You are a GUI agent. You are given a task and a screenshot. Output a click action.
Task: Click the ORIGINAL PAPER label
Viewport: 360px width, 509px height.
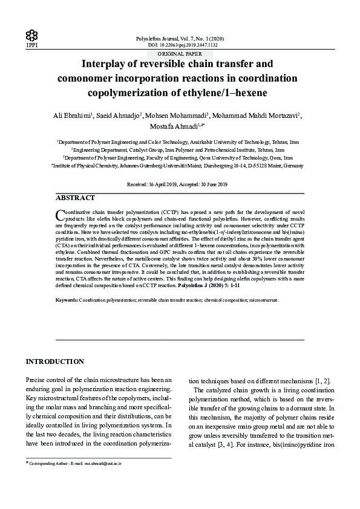click(x=180, y=53)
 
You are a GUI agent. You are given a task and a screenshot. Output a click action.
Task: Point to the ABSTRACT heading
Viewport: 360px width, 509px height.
click(x=75, y=198)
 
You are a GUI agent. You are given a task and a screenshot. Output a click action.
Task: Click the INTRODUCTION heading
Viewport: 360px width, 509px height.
click(x=54, y=361)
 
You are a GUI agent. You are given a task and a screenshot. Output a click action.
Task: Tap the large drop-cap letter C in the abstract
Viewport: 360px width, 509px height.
click(x=60, y=215)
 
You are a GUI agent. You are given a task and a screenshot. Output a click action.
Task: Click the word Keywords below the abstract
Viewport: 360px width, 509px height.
click(x=66, y=300)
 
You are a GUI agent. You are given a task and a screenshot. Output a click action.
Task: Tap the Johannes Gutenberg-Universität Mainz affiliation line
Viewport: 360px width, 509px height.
click(x=180, y=164)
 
